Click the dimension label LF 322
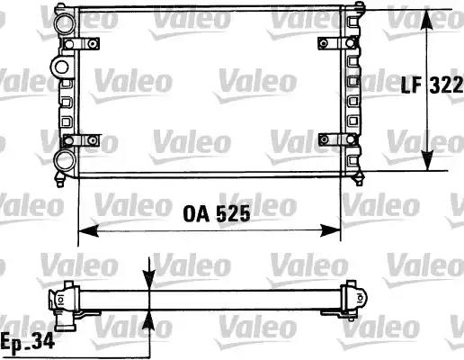pos(432,85)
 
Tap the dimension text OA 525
pos(217,214)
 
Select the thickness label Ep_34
pos(28,341)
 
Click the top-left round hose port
pos(65,23)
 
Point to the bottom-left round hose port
pos(65,160)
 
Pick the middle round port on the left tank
pos(61,67)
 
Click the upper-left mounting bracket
pos(81,44)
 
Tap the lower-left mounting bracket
pos(81,140)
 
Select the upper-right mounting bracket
pos(337,43)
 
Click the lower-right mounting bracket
pos(337,139)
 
